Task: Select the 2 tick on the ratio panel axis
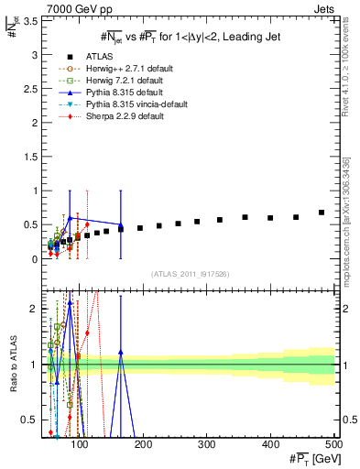(34, 309)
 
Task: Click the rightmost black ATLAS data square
(322, 213)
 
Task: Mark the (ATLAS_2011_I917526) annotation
(190, 275)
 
